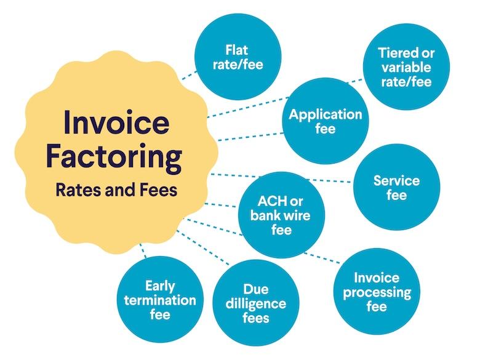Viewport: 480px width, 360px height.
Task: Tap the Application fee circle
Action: click(x=326, y=121)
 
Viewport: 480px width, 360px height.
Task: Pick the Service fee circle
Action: click(x=397, y=187)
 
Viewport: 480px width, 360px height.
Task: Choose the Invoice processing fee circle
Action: click(x=376, y=292)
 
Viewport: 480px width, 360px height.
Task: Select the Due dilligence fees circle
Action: click(x=255, y=303)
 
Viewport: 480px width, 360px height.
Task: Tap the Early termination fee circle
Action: click(x=160, y=300)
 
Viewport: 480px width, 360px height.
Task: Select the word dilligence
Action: click(x=255, y=303)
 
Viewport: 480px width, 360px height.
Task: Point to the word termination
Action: click(x=160, y=300)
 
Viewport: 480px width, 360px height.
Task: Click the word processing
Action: click(x=377, y=292)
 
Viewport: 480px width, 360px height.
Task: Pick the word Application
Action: click(x=326, y=114)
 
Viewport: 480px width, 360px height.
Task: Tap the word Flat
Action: click(x=238, y=49)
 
